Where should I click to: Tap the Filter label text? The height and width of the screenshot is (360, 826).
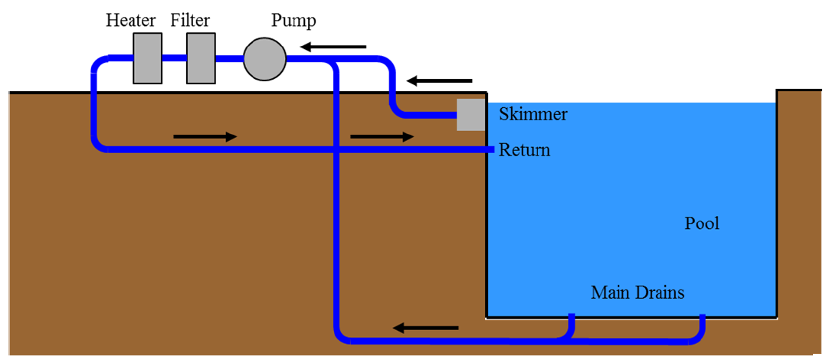[190, 19]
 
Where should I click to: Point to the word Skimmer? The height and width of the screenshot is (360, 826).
[533, 115]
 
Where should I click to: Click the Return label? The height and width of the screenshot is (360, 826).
[524, 149]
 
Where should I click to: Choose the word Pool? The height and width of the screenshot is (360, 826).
[702, 224]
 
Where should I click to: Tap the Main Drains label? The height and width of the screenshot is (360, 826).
[638, 292]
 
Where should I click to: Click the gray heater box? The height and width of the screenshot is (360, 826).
[148, 58]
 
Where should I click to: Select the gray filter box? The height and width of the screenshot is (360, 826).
[201, 58]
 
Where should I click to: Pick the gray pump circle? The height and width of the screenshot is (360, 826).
[264, 58]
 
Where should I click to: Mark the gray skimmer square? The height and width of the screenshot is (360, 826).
[471, 115]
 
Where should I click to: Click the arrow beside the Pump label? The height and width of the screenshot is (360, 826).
[333, 47]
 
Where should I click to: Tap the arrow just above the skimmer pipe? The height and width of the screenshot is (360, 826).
[440, 80]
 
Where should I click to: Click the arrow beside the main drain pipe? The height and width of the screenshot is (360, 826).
[426, 328]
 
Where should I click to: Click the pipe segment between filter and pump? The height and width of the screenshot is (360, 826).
[229, 58]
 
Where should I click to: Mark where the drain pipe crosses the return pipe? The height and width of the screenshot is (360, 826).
[337, 149]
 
